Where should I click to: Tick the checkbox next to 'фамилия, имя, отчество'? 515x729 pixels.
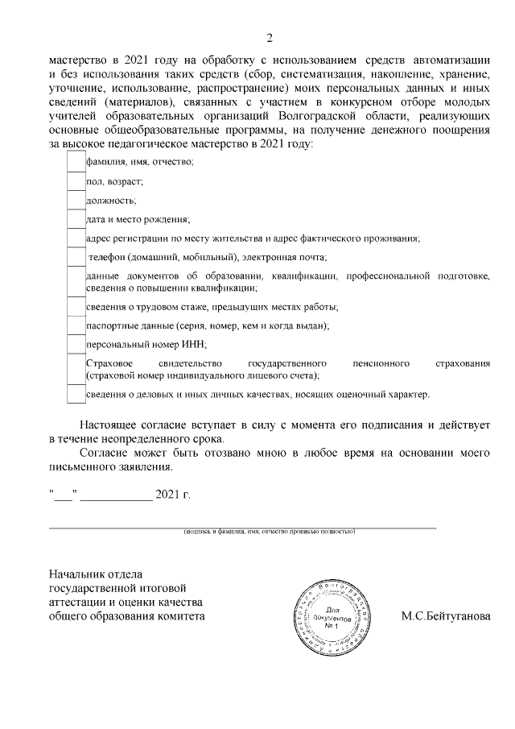click(75, 163)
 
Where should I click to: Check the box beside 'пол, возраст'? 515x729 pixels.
click(75, 181)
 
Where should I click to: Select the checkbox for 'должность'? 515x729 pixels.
click(75, 200)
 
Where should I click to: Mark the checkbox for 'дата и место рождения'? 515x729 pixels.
click(75, 219)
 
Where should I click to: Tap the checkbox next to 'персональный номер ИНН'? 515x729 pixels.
click(75, 344)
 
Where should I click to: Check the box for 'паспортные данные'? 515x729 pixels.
click(75, 325)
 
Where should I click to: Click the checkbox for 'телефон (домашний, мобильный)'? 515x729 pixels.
click(75, 257)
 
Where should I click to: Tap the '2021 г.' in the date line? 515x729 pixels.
click(173, 493)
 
